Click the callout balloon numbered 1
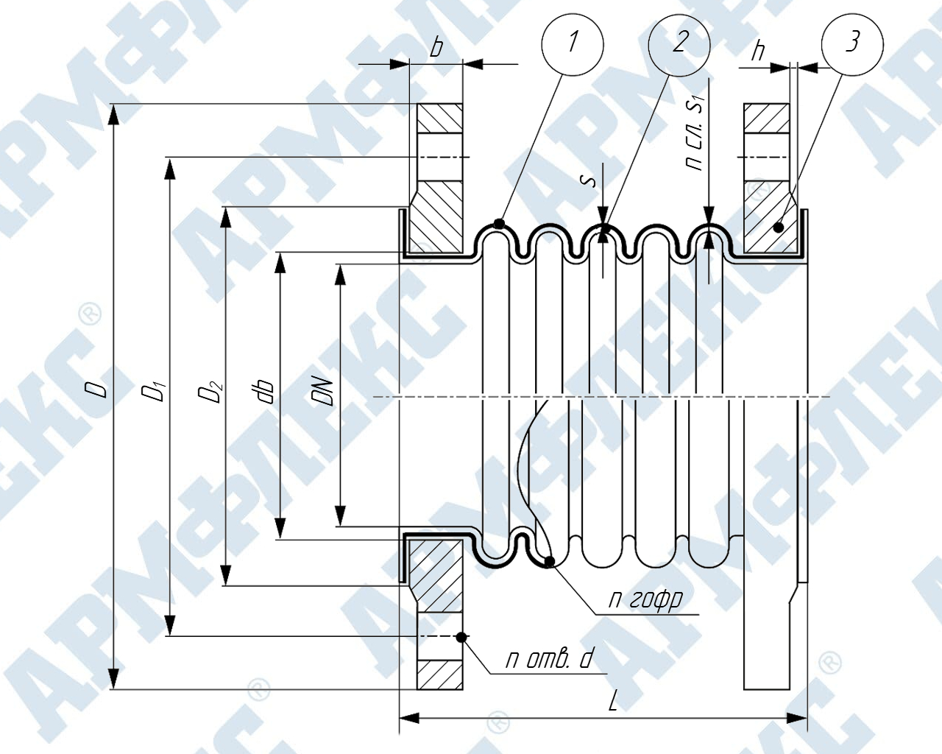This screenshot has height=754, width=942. (573, 43)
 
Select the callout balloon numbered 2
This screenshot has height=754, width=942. (679, 43)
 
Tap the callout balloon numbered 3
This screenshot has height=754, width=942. (852, 43)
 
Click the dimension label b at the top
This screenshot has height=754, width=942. (436, 49)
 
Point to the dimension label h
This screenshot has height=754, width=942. (757, 51)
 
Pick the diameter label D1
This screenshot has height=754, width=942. (154, 390)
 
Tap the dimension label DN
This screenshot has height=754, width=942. (324, 391)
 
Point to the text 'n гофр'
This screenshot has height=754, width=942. (645, 599)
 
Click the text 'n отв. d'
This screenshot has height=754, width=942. (548, 658)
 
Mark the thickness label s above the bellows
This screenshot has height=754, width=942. (589, 179)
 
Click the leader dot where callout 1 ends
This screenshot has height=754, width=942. (499, 223)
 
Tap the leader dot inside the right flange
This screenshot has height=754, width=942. (778, 228)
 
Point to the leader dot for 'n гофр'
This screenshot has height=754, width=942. (549, 563)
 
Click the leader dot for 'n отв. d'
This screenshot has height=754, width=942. (461, 636)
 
